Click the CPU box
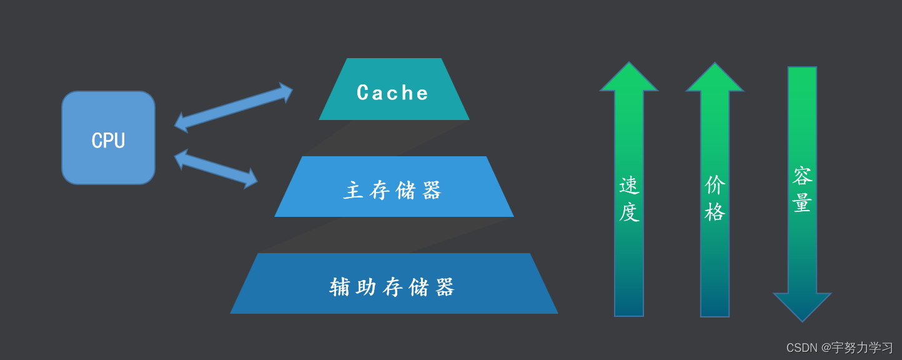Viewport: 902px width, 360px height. (x=108, y=138)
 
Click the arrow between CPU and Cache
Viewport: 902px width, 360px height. (x=233, y=107)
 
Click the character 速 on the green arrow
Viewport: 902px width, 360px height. (x=629, y=186)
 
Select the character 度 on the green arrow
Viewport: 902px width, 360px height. (x=629, y=212)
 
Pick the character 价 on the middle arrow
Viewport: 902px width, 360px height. (x=715, y=185)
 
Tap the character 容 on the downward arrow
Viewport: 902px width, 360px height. (x=802, y=176)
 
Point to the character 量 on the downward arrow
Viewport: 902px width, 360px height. (x=802, y=203)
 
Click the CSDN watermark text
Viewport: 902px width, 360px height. (x=839, y=347)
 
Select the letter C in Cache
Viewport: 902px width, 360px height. (x=364, y=93)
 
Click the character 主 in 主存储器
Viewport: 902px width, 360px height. (x=354, y=191)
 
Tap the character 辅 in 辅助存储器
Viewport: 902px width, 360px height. (x=340, y=287)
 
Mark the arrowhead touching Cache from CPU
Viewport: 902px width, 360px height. (x=286, y=91)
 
